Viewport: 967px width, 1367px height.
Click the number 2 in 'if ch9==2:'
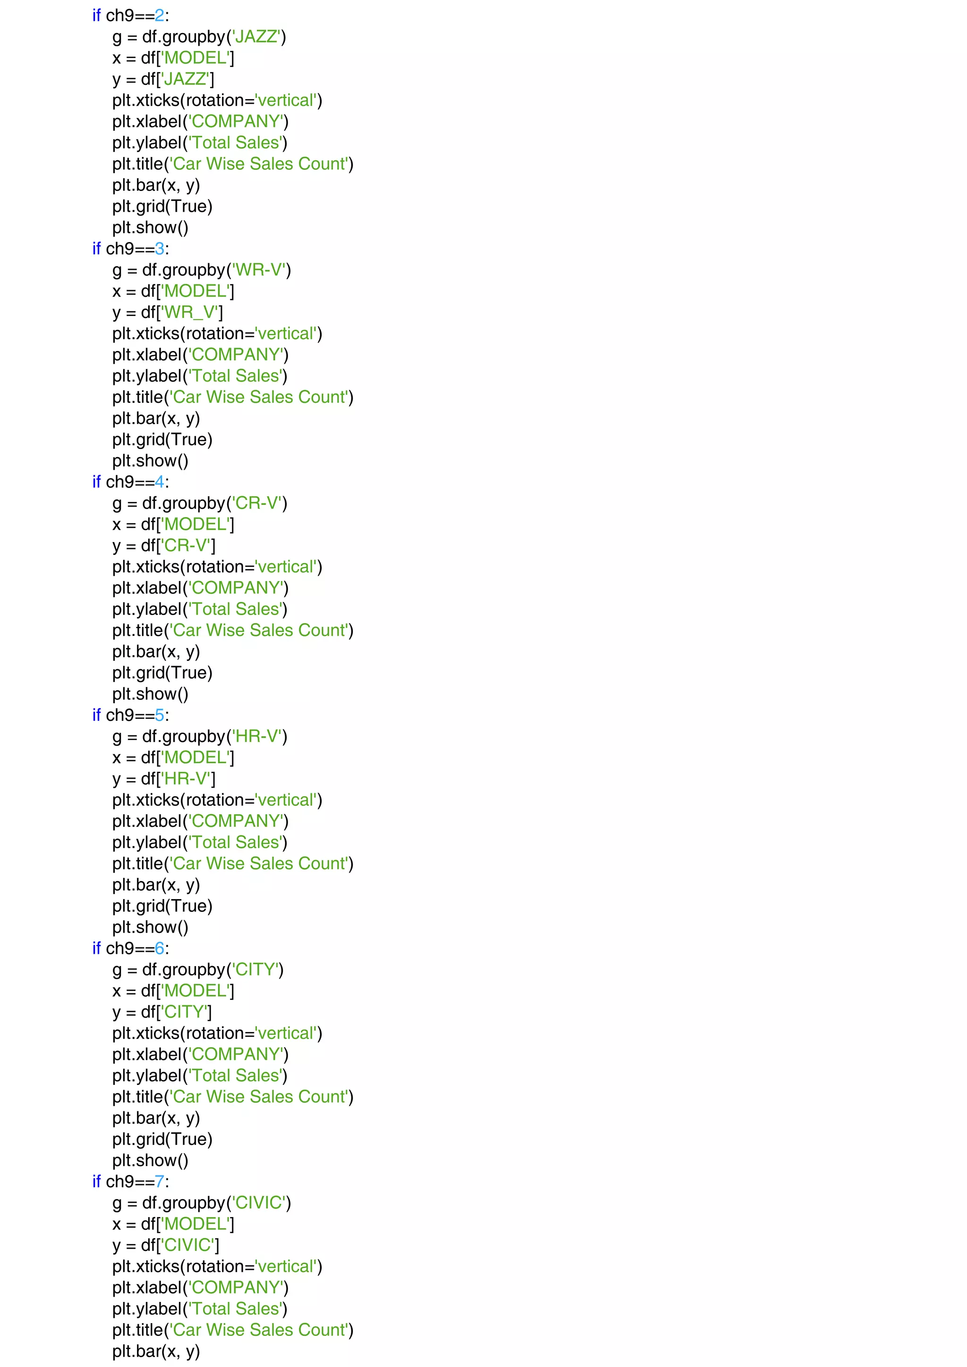(159, 16)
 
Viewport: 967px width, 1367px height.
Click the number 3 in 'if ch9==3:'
(159, 249)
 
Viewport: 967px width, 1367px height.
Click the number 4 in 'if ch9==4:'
(159, 482)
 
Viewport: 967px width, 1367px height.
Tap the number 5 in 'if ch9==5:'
(159, 715)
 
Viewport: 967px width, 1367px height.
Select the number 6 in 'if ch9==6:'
(159, 949)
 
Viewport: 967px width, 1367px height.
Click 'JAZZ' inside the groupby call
(256, 37)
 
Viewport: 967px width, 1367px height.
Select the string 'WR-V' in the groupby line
(259, 270)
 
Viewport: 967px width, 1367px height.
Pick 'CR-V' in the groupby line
(257, 504)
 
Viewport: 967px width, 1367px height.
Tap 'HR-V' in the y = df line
(186, 779)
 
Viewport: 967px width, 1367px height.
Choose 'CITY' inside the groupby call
(255, 970)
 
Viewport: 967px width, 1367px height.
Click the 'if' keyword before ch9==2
(96, 16)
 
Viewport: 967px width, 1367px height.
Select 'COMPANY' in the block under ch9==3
(236, 355)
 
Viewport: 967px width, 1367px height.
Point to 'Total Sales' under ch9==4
(236, 609)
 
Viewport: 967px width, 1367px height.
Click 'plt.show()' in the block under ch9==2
(150, 228)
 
